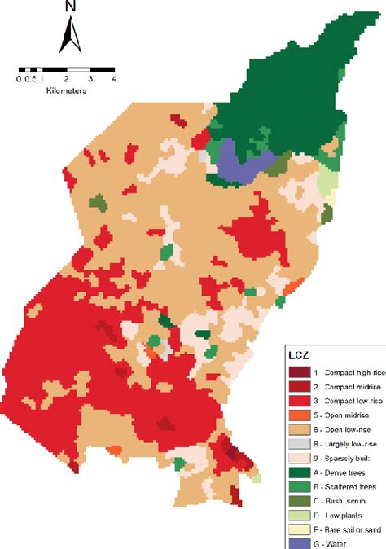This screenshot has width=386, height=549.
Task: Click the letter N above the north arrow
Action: coord(70,7)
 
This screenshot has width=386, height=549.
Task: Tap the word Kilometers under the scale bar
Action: coord(66,90)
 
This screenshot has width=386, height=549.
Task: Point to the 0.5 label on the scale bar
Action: coord(29,79)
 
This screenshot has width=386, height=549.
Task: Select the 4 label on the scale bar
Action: coord(113,79)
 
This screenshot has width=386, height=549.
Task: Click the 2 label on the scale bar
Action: coord(66,79)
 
